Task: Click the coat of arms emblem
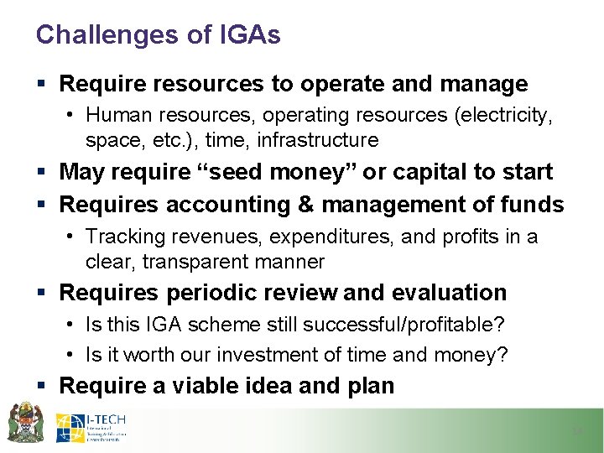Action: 25,422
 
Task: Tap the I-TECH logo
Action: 91,427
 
